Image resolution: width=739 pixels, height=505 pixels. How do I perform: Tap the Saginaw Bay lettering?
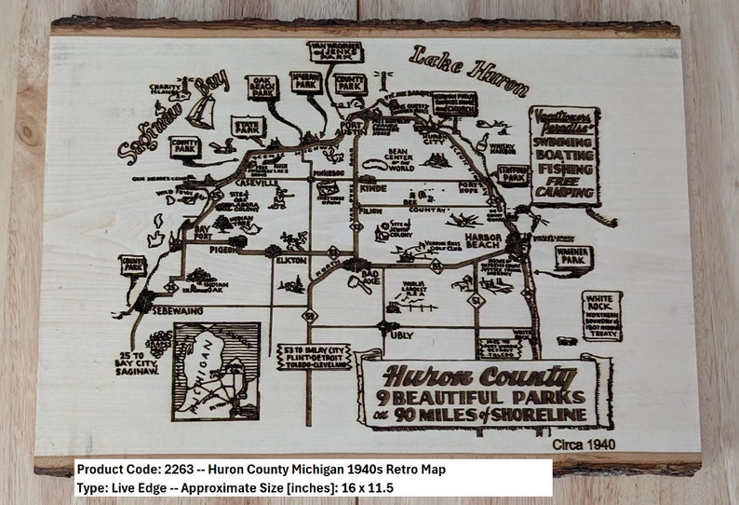click(172, 118)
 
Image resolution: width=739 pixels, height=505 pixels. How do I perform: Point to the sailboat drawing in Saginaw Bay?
click(201, 111)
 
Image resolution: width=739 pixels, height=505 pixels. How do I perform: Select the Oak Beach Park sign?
click(263, 88)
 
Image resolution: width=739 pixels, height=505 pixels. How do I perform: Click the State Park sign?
click(248, 126)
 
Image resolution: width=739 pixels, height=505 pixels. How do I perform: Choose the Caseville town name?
click(256, 183)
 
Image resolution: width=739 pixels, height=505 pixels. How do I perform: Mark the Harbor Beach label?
click(484, 239)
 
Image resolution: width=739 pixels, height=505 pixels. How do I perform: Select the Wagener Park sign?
click(573, 255)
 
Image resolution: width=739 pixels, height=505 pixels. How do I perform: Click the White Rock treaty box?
click(602, 316)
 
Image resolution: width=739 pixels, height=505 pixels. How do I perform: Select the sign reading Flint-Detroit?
click(315, 356)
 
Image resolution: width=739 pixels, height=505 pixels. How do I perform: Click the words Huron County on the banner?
click(479, 377)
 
